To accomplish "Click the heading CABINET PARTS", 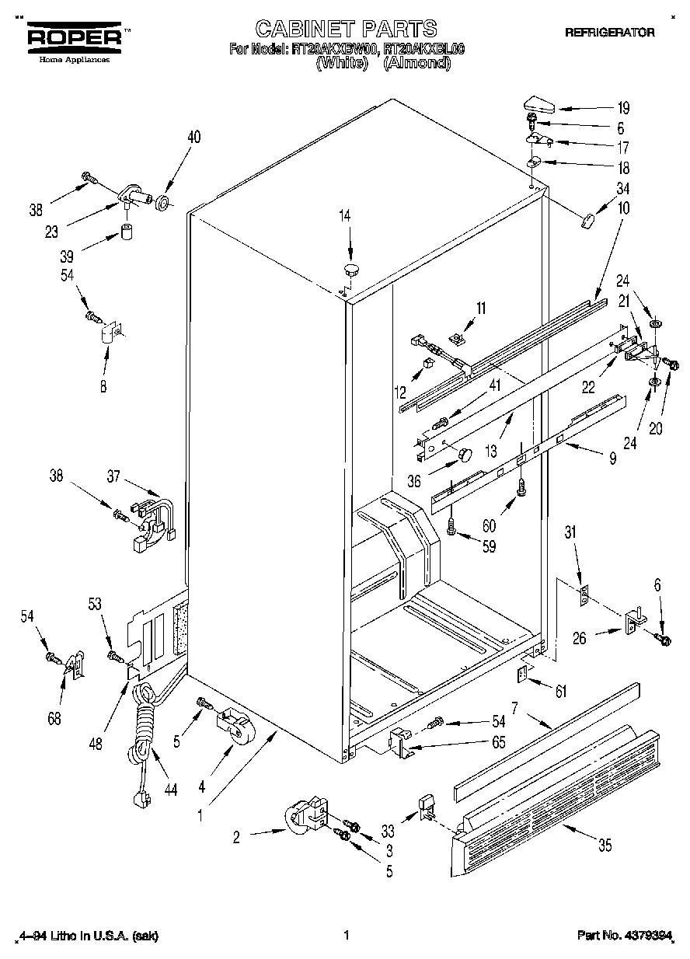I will pyautogui.click(x=346, y=30).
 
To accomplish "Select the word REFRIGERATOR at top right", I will pyautogui.click(x=609, y=33).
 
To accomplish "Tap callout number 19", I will pyautogui.click(x=623, y=108).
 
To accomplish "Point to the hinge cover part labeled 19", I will pyautogui.click(x=538, y=103).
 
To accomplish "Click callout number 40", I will pyautogui.click(x=193, y=137).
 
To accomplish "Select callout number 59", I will pyautogui.click(x=488, y=546).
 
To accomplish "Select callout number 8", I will pyautogui.click(x=103, y=384).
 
